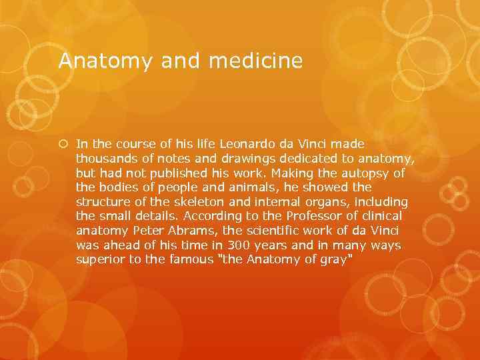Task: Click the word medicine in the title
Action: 255,61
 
